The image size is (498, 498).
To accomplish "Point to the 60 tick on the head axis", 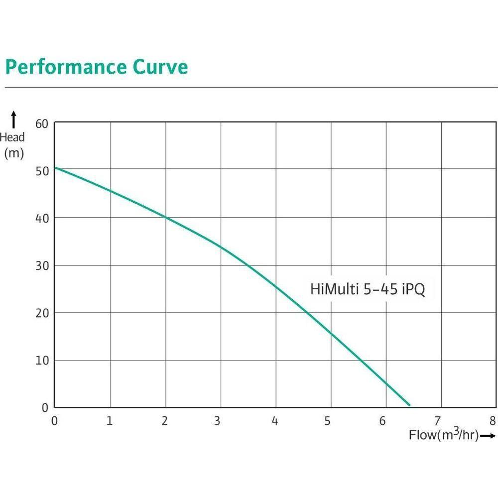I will [42, 123].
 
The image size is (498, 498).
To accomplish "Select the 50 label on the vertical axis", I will [42, 171].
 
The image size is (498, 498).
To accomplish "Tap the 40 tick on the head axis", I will [42, 218].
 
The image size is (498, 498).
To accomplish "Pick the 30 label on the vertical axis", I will [42, 265].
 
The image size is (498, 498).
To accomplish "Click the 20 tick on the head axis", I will [42, 313].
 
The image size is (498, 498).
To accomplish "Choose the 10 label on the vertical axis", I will [42, 360].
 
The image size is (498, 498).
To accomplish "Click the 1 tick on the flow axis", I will [110, 421].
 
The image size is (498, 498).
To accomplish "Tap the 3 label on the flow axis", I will [217, 421].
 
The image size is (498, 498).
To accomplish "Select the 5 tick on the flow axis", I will [328, 421].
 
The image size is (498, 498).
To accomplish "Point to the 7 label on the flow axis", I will [438, 421].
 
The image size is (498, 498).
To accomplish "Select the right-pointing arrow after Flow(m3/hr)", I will [489, 436].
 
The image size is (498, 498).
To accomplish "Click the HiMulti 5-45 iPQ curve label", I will [368, 289].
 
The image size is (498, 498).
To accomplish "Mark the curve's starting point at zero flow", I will [55, 167].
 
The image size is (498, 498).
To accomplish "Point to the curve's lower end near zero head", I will [409, 405].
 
